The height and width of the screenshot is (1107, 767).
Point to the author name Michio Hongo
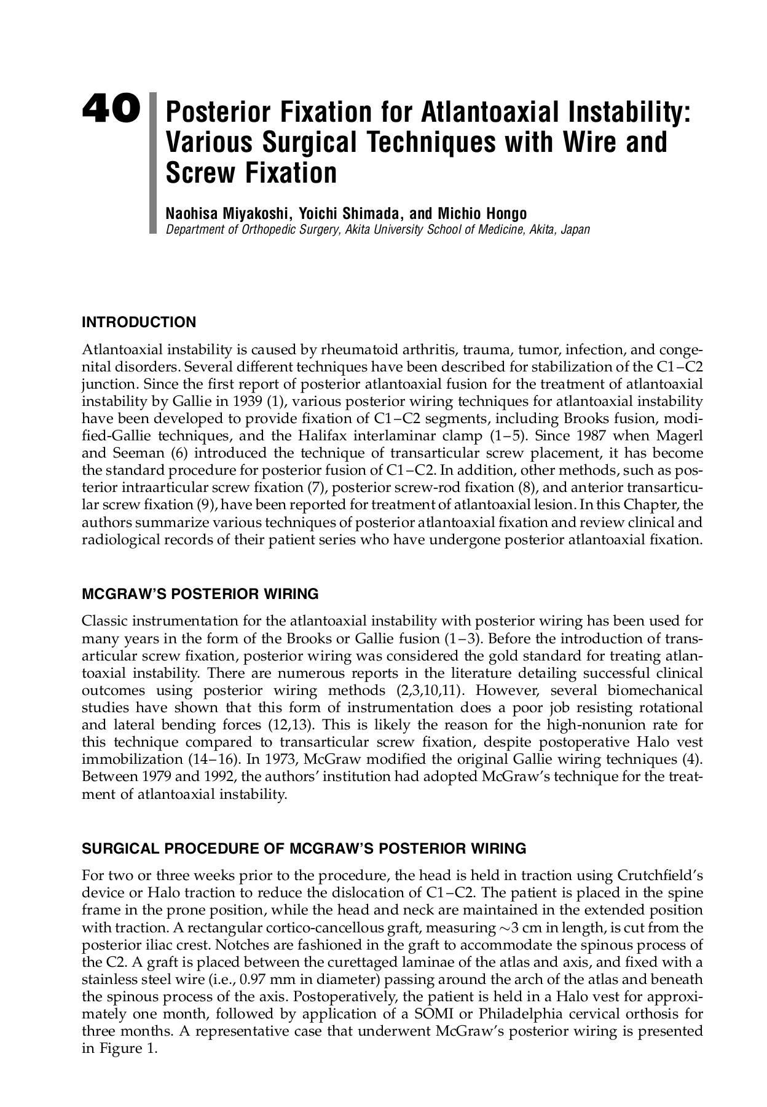(482, 213)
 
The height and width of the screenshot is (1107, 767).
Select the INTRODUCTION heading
(139, 322)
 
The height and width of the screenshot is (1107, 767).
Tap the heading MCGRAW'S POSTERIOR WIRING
(200, 595)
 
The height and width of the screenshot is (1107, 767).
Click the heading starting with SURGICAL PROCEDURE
(304, 849)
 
